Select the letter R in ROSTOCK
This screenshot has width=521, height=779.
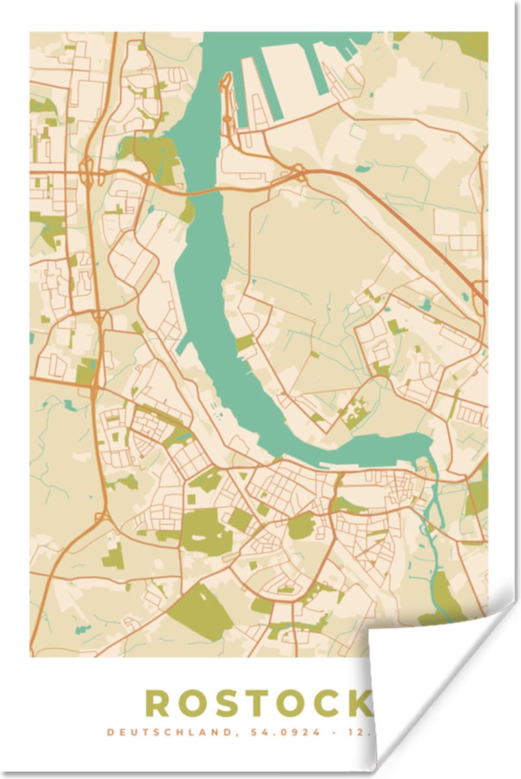coord(159,703)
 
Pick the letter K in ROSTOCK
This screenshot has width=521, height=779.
coord(359,703)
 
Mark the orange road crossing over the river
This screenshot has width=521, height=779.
coord(201,192)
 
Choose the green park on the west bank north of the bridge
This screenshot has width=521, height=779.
coord(156,156)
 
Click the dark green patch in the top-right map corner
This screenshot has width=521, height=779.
coord(464,42)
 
